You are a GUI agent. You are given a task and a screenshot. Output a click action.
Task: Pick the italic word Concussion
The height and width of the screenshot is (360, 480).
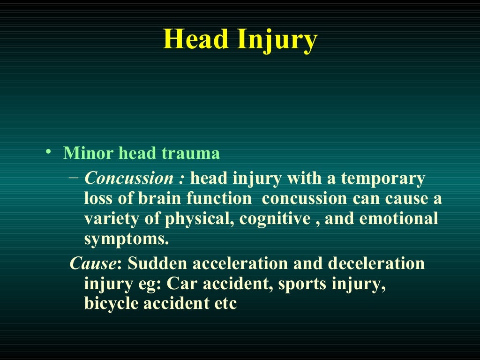point(129,179)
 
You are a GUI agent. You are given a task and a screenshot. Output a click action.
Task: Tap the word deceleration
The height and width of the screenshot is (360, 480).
point(376,263)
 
